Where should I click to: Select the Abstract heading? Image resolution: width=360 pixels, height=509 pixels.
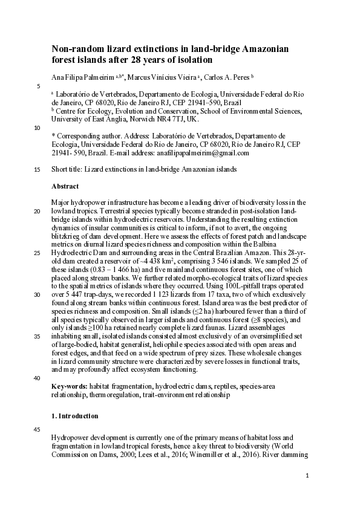coord(65,187)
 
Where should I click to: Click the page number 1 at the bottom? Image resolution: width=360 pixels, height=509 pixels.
coord(307,476)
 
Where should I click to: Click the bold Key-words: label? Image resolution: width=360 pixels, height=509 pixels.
coord(69,386)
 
